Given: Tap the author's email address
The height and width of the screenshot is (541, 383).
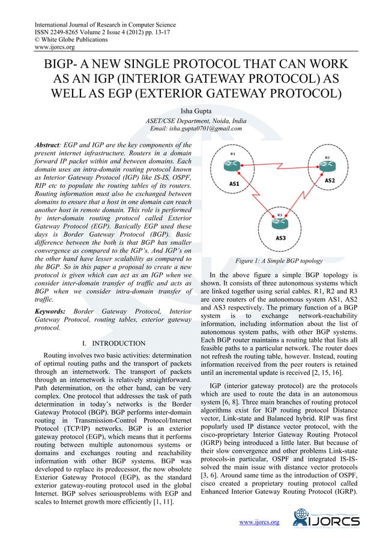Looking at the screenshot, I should (195, 128).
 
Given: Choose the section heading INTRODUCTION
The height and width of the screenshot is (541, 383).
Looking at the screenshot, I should (118, 343).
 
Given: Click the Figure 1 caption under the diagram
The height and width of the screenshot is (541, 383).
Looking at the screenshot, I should (280, 261).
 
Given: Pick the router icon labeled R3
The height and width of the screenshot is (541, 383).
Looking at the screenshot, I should (280, 223).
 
